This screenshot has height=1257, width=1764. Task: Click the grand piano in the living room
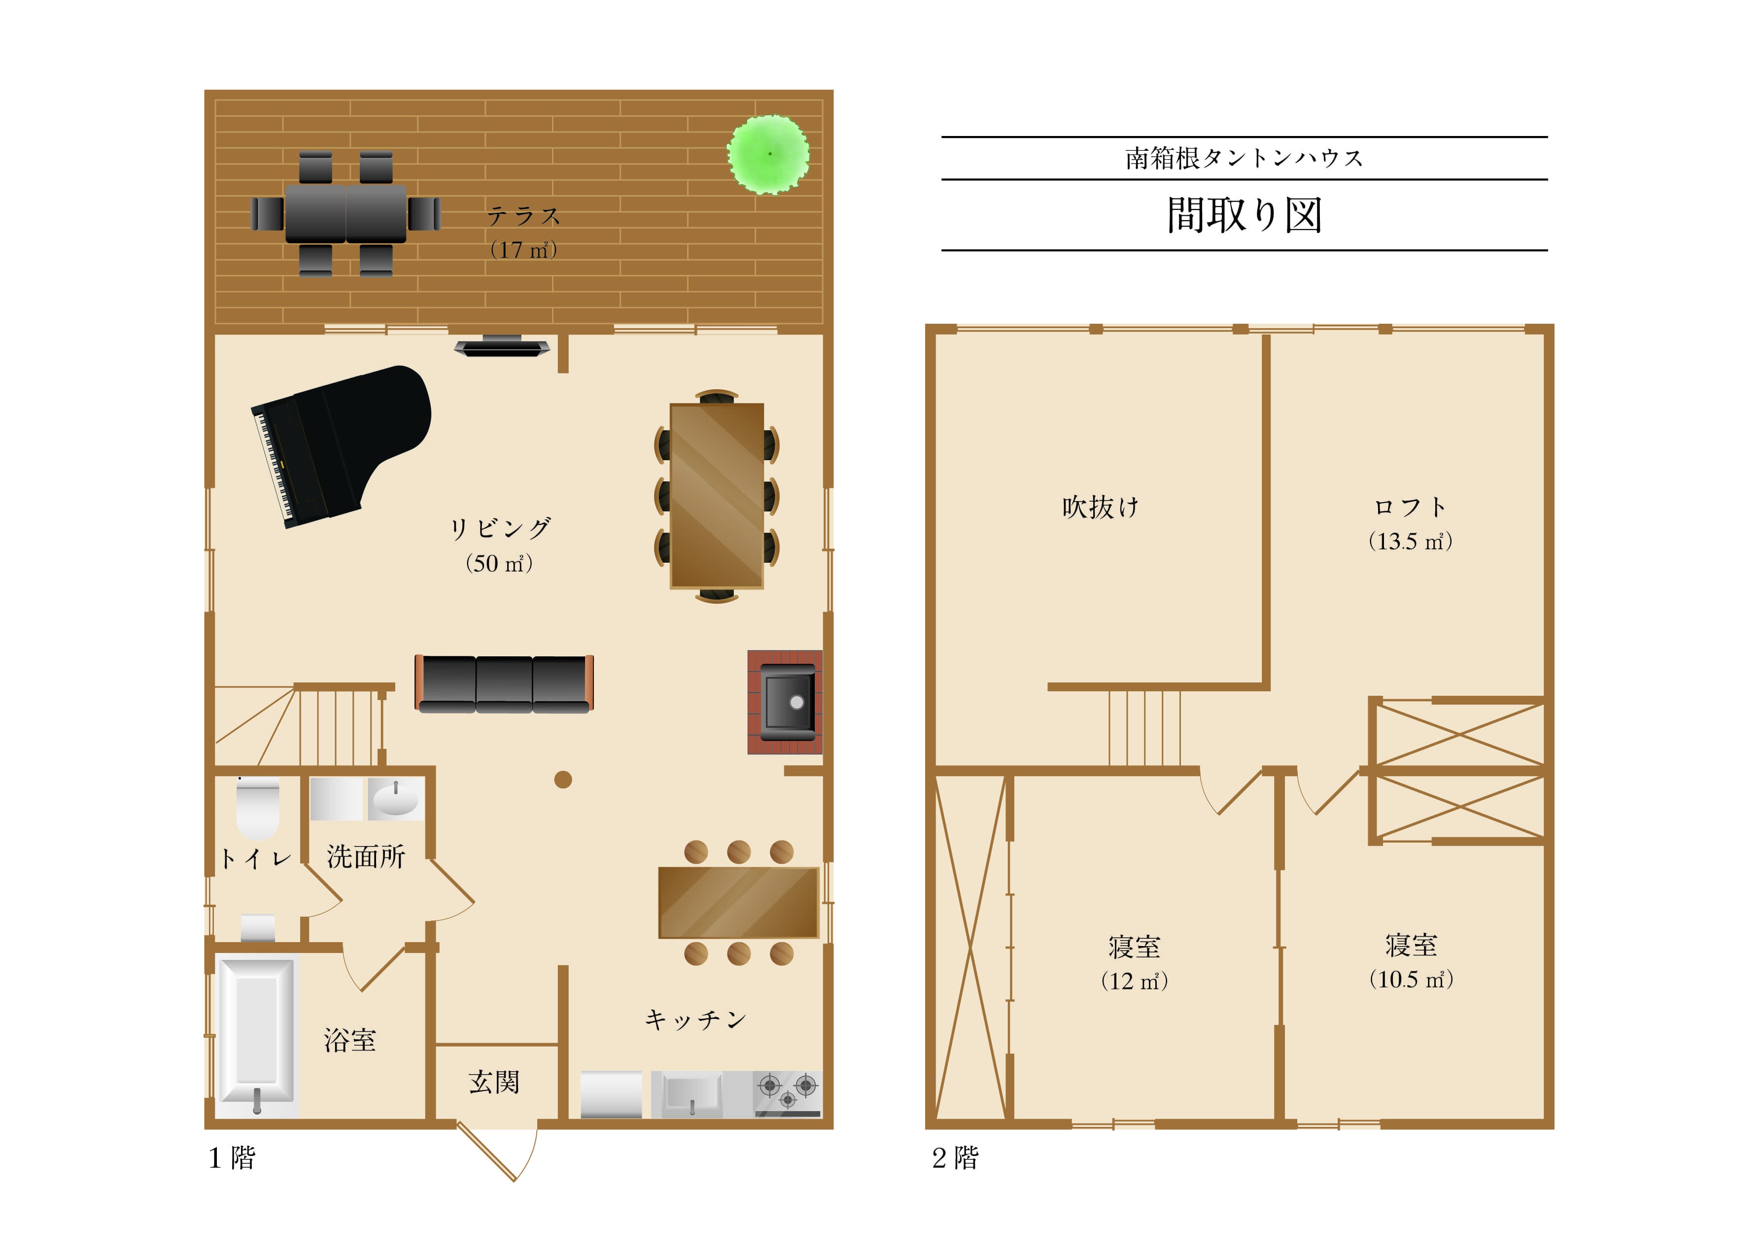(x=341, y=446)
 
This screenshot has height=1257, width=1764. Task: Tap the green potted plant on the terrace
(x=768, y=154)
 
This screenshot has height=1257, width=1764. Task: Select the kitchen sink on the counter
(x=688, y=1094)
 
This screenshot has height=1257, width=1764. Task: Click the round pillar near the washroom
(x=563, y=780)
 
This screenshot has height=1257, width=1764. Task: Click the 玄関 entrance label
(x=494, y=1081)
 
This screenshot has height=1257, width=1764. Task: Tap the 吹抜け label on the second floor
(x=1101, y=507)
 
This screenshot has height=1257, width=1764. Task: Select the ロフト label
(x=1410, y=507)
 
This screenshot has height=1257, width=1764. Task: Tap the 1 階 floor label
(x=232, y=1158)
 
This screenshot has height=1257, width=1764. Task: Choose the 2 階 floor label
(x=955, y=1158)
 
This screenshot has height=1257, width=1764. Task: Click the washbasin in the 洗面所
(x=395, y=799)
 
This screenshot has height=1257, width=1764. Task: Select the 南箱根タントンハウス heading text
(x=1244, y=158)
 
